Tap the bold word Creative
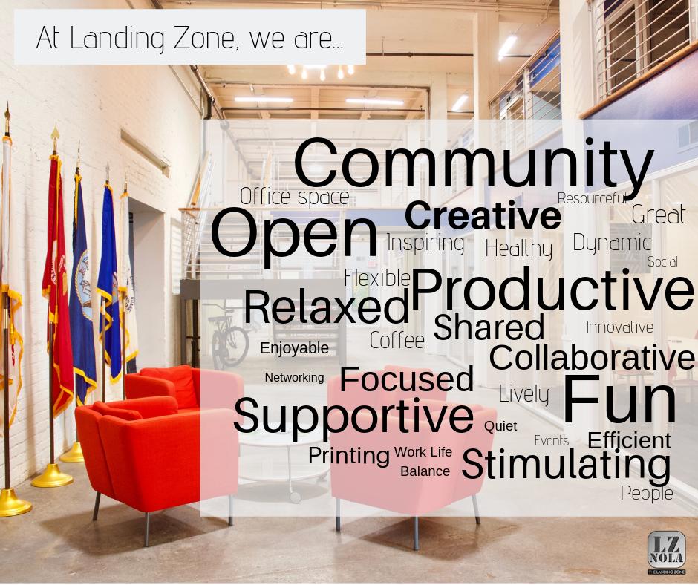(483, 216)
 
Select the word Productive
(552, 290)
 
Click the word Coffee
(397, 341)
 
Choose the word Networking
(294, 377)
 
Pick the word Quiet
(500, 426)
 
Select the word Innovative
(619, 327)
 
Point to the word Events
(552, 441)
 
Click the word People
(647, 493)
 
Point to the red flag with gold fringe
(57, 282)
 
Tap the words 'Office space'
(294, 197)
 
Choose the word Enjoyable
(294, 348)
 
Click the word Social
(662, 261)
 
